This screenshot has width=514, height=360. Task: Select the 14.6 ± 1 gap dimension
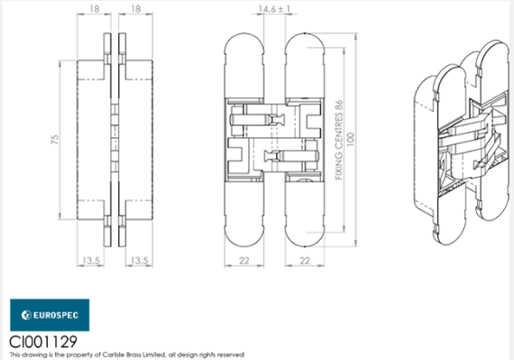point(269,9)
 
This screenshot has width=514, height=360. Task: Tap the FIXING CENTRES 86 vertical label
point(339,141)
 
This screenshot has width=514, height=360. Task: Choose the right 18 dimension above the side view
point(135,9)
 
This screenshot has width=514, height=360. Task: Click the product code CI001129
point(41,341)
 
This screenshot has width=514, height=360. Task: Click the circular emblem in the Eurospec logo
point(23,316)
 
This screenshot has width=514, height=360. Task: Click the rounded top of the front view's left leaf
point(243,45)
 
